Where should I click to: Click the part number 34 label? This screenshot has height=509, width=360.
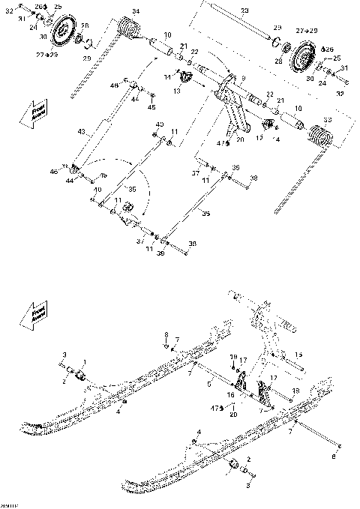coord(136,10)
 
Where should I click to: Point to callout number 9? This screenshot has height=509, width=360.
coord(241,77)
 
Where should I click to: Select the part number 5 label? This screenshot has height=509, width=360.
coord(209,384)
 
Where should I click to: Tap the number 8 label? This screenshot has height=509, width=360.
coord(166,334)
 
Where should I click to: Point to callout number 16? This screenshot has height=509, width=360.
coord(231,394)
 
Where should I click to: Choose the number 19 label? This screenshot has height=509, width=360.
coord(233,357)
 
